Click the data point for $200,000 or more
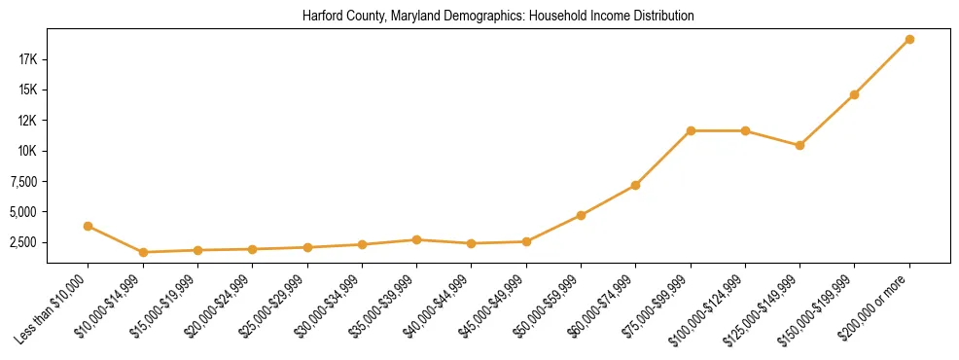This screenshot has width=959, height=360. pos(909,39)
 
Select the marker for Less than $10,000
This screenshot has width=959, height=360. pos(88,226)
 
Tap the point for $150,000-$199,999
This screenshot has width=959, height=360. pos(854,94)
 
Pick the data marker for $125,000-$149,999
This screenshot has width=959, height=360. pos(799,145)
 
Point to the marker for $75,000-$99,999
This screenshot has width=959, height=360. pos(691,130)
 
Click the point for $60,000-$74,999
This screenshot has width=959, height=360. pos(635,185)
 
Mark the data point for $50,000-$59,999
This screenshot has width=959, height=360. pos(581,215)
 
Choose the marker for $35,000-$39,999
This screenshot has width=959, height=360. pos(416,239)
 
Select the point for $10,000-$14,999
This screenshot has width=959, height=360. pos(143,252)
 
